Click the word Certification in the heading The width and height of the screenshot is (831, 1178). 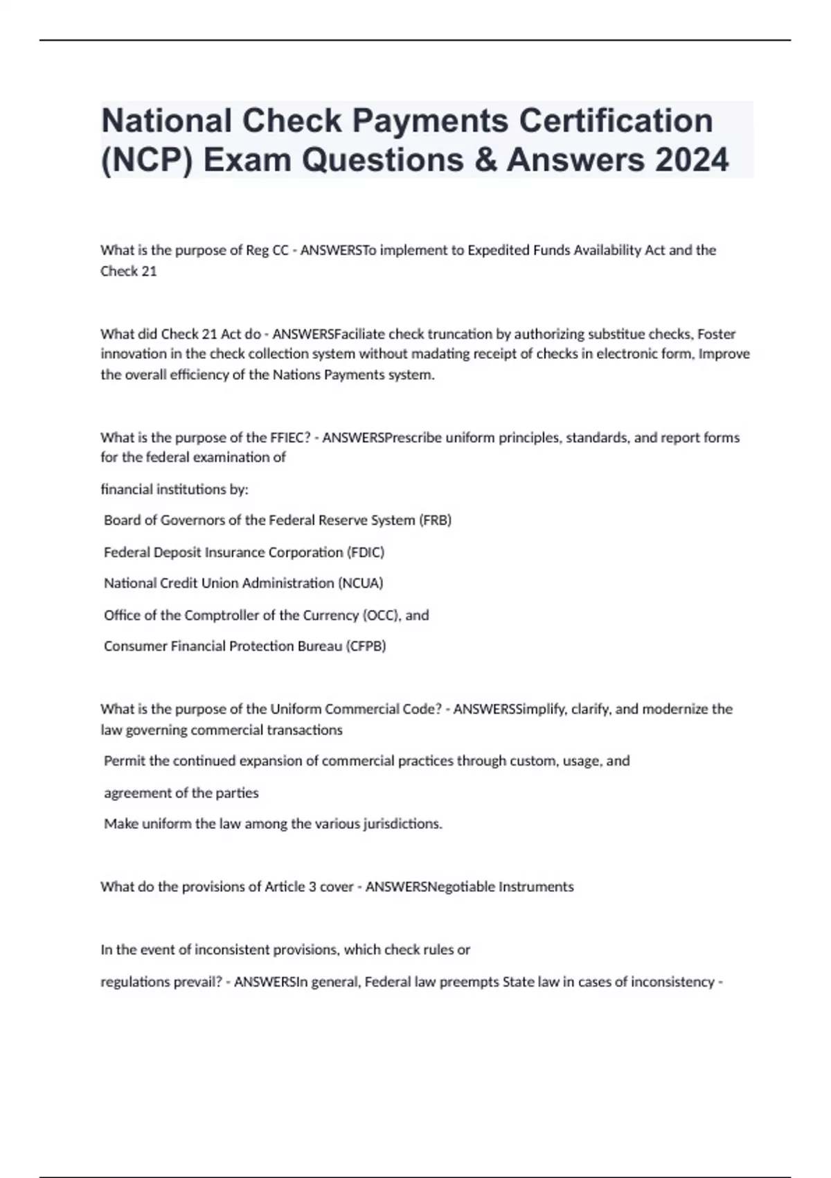pos(616,121)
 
